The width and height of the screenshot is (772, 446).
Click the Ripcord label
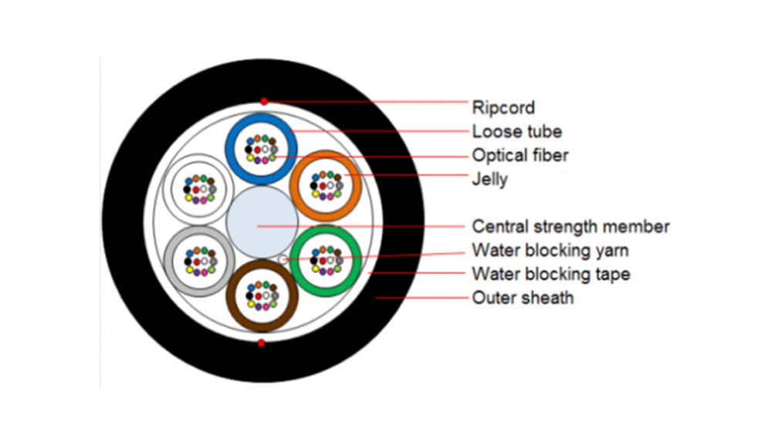point(503,106)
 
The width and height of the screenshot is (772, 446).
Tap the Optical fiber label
point(520,155)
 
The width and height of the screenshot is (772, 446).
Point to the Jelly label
point(489,180)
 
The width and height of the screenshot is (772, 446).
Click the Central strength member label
point(571,227)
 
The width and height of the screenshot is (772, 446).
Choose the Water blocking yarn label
point(550,250)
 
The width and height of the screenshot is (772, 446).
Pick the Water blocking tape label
point(550,274)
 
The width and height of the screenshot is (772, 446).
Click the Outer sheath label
point(523,297)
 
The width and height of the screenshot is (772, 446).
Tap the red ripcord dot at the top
point(264,102)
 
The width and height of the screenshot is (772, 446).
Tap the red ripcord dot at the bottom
point(262,343)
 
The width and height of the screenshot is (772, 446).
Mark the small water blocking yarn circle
point(284,259)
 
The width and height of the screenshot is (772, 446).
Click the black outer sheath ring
point(124,224)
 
